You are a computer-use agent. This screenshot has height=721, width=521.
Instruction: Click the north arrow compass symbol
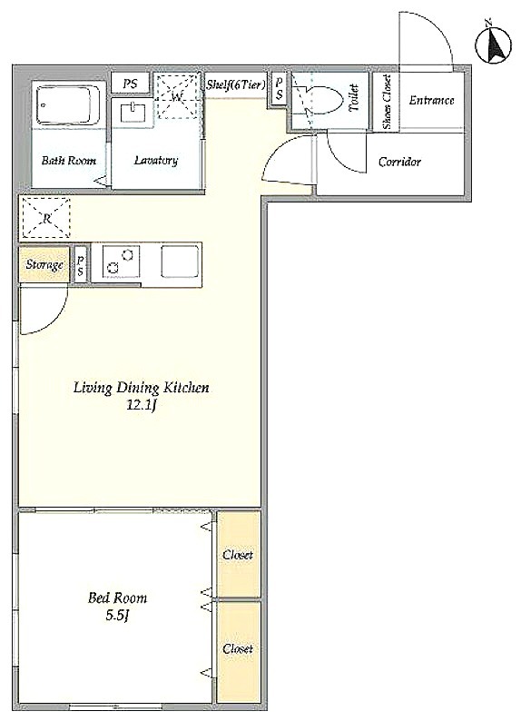[x=495, y=44]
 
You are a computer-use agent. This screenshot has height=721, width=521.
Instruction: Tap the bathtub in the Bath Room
[x=68, y=104]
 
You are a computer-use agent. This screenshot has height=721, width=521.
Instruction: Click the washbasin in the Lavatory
[x=133, y=114]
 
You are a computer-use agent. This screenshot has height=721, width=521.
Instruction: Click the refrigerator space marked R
[x=46, y=218]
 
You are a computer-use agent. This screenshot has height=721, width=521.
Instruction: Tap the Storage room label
[x=44, y=265]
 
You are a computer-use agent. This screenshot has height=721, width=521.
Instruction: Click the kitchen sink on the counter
[x=180, y=261]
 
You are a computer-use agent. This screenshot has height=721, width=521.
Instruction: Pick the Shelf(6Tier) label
[x=236, y=84]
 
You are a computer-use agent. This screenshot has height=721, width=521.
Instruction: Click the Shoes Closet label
[x=387, y=102]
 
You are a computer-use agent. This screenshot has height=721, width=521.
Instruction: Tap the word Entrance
[x=431, y=100]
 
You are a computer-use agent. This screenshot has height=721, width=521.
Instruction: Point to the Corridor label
[x=399, y=162]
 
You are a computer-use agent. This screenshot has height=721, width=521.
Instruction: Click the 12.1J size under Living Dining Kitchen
[x=142, y=406]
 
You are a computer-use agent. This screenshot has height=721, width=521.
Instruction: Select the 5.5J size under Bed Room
[x=117, y=616]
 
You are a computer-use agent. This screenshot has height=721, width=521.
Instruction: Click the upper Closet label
[x=238, y=555]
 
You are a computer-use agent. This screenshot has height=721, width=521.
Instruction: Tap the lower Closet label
[x=238, y=648]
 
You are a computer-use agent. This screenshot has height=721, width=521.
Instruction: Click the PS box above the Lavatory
[x=131, y=84]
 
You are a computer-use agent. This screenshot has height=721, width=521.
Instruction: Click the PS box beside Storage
[x=81, y=266]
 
